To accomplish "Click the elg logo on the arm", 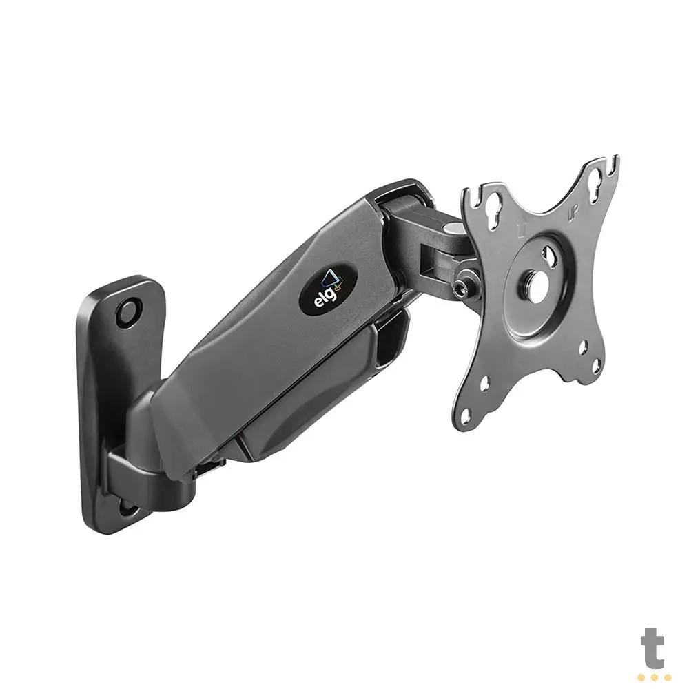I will point(327,289).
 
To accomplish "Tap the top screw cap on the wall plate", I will point(128,312).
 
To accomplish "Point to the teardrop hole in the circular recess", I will point(551,257).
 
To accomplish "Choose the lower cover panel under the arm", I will point(310,407).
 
